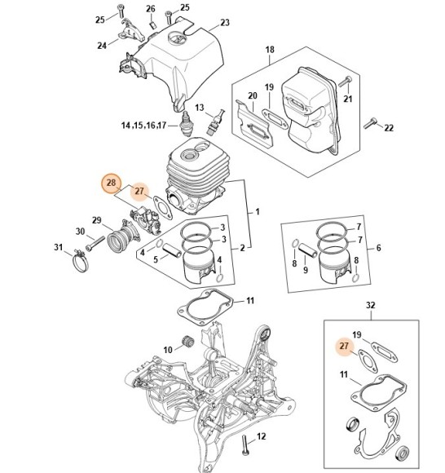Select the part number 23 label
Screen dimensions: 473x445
[x=225, y=22]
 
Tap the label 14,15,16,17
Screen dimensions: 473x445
[x=143, y=126]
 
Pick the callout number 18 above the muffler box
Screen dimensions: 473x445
[x=270, y=49]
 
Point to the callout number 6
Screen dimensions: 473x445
[x=378, y=247]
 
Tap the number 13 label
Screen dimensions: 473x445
[x=198, y=108]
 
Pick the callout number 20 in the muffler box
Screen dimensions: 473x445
[x=253, y=95]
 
